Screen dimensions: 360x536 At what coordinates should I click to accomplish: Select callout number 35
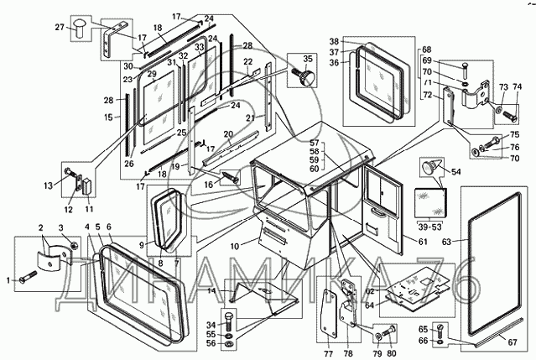(308, 59)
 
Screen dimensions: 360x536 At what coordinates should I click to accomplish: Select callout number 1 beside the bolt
(10, 279)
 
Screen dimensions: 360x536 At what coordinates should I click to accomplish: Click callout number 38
(333, 41)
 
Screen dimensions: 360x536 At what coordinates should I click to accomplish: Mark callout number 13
(48, 185)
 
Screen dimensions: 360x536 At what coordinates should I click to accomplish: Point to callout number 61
(411, 242)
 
